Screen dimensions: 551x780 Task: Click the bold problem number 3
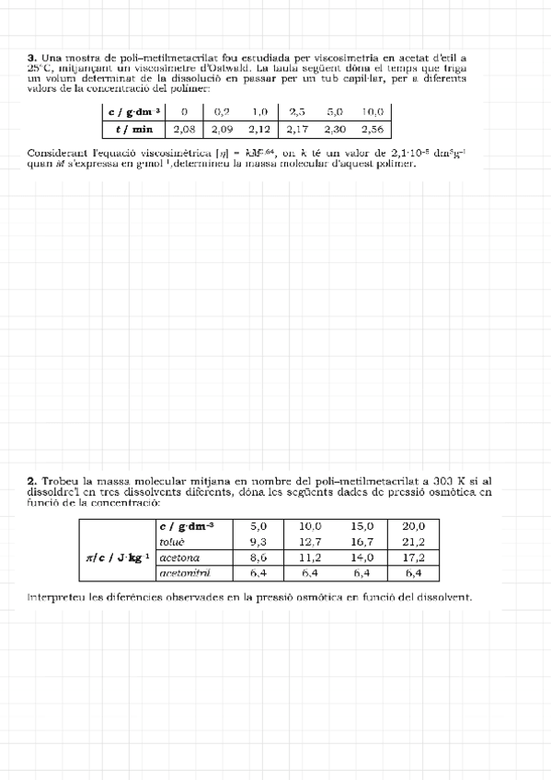pos(31,57)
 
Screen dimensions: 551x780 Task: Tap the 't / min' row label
pos(135,130)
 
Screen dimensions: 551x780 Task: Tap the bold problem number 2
pos(31,480)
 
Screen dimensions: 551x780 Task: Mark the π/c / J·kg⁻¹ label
pos(117,556)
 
